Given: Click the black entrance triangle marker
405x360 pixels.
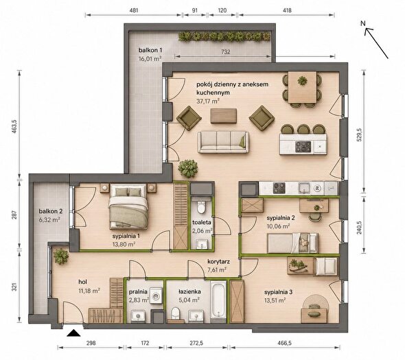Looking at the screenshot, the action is (73, 333).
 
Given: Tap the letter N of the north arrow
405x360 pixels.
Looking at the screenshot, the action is (363, 23).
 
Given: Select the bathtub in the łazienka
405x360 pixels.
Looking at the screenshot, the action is (218, 300).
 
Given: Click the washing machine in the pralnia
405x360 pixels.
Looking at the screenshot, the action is (157, 296).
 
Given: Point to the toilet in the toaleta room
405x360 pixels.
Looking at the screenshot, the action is (201, 206).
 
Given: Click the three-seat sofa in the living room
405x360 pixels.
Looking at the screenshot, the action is (223, 142).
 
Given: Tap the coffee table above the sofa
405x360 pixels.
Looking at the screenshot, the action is (224, 116).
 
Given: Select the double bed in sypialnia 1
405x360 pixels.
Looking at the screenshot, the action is (128, 206).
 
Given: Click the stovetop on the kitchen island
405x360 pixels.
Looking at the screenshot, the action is (303, 147).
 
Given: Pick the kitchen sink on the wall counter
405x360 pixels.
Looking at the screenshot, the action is (305, 188).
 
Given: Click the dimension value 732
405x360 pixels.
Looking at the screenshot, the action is (225, 52).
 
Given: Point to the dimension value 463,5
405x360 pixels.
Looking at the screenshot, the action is (14, 126).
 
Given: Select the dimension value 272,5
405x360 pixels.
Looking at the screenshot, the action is (196, 343).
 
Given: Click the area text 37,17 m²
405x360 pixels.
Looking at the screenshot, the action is (208, 101).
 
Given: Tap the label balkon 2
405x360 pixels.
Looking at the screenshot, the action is (51, 211).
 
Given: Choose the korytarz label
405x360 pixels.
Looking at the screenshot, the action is (218, 262).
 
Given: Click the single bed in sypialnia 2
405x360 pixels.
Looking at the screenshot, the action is (293, 243).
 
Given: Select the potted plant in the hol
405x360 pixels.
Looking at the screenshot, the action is (61, 256).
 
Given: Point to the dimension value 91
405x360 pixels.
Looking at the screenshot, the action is (195, 10).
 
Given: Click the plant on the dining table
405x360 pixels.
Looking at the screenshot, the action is (302, 81).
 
